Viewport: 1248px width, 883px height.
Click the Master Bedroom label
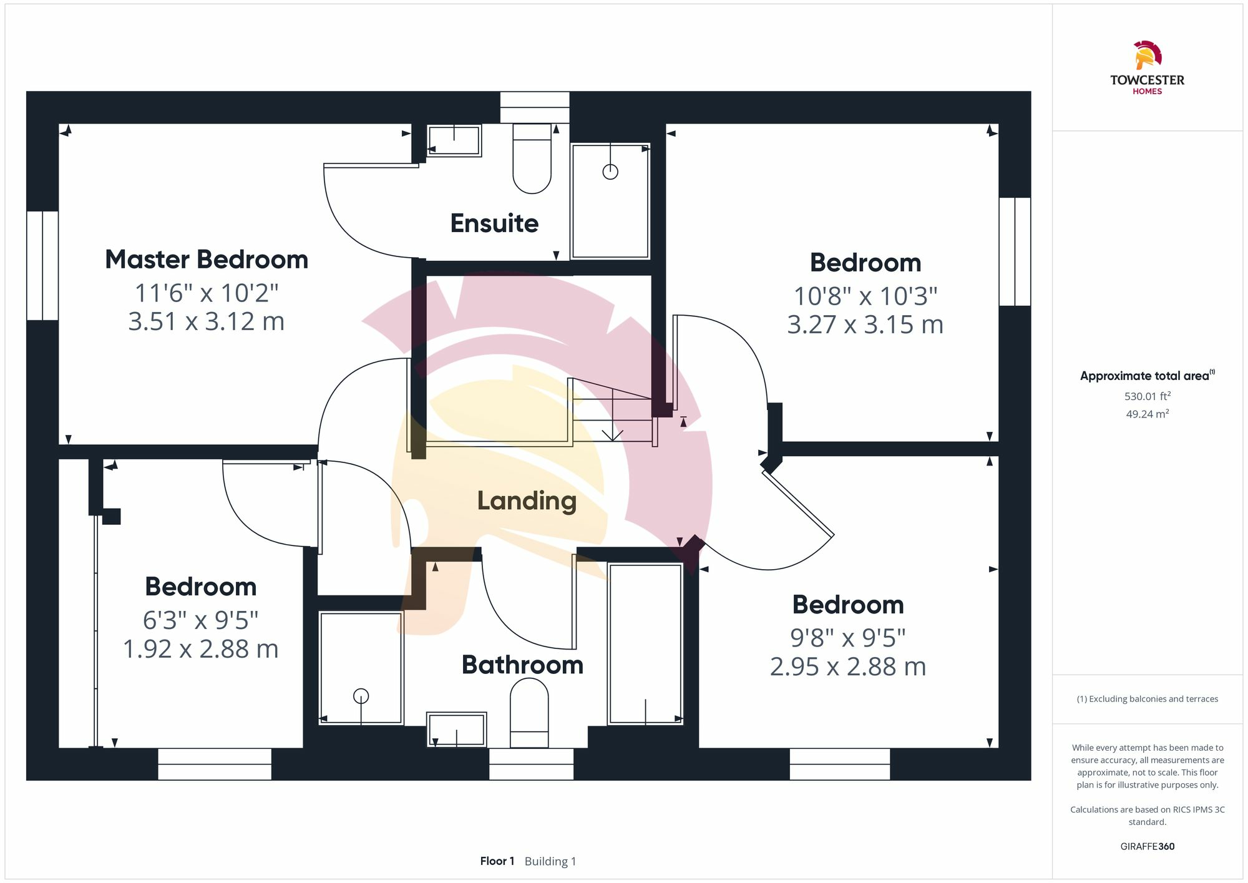click(x=207, y=260)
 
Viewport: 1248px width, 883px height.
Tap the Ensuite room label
click(x=494, y=223)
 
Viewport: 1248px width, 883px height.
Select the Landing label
click(x=527, y=501)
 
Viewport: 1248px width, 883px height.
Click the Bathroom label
click(x=522, y=665)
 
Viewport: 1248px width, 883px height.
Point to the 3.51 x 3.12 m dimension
click(x=207, y=321)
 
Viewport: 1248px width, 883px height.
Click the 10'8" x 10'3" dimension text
click(x=865, y=296)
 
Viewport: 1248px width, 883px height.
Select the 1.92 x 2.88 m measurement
click(x=200, y=649)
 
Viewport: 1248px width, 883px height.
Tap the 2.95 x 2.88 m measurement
click(x=847, y=666)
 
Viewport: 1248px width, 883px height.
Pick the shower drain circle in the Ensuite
click(x=610, y=172)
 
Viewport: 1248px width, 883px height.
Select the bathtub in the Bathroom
click(x=645, y=644)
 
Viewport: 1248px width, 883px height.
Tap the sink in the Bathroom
click(x=457, y=729)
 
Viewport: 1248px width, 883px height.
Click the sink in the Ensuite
click(x=454, y=140)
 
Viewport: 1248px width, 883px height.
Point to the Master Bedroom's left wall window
click(x=42, y=265)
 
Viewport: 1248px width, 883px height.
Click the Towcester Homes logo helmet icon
click(x=1147, y=55)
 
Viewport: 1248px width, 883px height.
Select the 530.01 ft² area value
click(x=1147, y=396)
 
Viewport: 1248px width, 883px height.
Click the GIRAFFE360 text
click(x=1147, y=847)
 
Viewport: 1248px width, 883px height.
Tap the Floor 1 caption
click(x=497, y=861)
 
